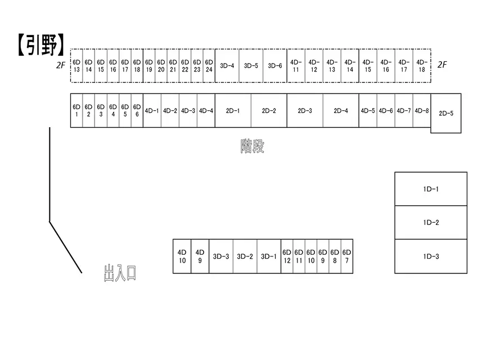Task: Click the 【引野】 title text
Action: tap(40, 44)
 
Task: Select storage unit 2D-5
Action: tap(446, 114)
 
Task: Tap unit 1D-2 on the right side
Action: tap(431, 223)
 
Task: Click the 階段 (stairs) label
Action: tap(252, 146)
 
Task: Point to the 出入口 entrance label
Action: tap(120, 273)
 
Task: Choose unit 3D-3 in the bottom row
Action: tap(221, 256)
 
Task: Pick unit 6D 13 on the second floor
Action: tap(76, 66)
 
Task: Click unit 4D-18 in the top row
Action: tap(422, 66)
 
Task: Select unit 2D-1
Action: tap(233, 111)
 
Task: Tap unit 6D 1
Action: tap(76, 111)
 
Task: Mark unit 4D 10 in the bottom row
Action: tap(182, 256)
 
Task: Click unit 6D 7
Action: tap(347, 256)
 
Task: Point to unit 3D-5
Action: tap(251, 66)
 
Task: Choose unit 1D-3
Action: tap(431, 256)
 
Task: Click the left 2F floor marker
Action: tap(61, 65)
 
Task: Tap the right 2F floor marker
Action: tap(442, 65)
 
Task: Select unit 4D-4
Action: tap(206, 111)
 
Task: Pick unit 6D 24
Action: tap(209, 66)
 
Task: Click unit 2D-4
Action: tap(341, 111)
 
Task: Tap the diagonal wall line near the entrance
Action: tap(66, 247)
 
